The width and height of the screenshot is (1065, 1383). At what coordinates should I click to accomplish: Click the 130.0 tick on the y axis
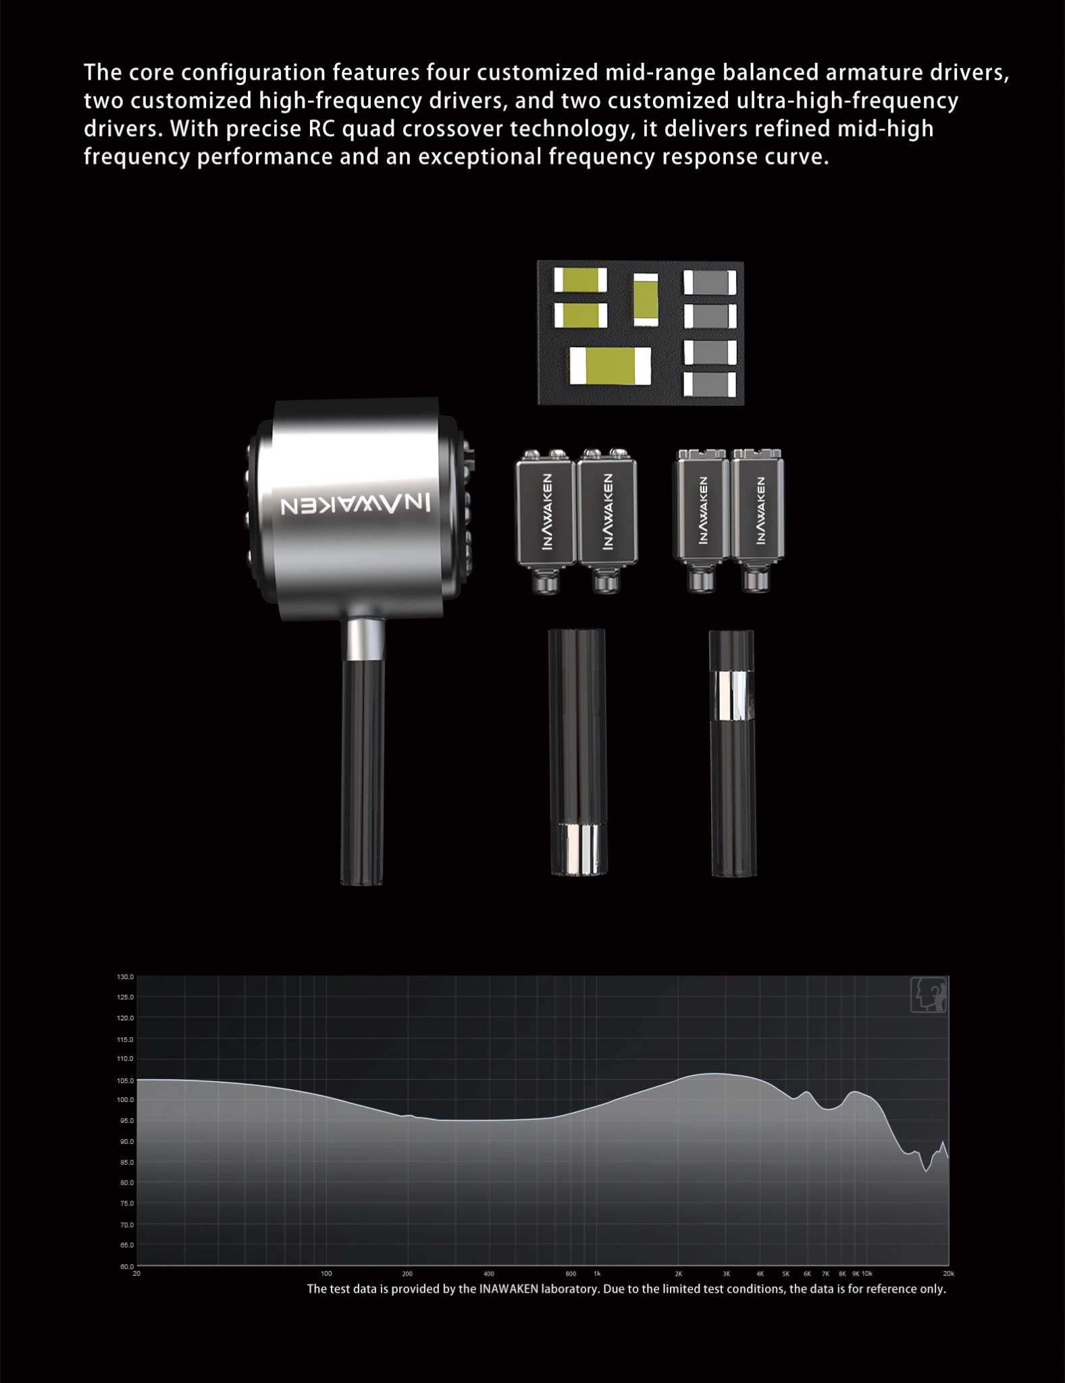click(x=126, y=977)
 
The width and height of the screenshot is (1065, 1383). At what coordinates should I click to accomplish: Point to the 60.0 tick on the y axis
click(x=126, y=1266)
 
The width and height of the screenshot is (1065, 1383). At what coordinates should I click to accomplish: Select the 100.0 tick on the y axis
click(x=126, y=1100)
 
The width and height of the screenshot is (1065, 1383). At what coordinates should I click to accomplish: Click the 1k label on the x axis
click(x=597, y=1274)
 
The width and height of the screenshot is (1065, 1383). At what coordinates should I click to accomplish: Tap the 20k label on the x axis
click(x=948, y=1274)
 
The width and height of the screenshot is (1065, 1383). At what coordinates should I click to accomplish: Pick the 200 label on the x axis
click(x=407, y=1274)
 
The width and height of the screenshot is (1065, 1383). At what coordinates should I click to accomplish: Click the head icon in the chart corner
click(x=929, y=995)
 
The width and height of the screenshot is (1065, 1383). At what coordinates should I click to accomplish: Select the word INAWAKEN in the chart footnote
click(x=509, y=1288)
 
